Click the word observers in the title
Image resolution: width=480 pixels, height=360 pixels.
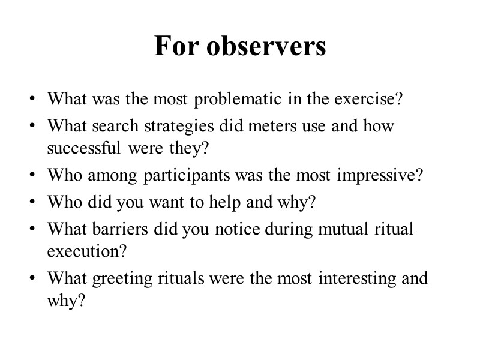(x=266, y=46)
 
